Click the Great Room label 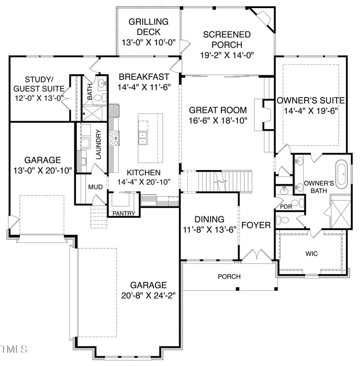pos(218,110)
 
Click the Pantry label pos(124,213)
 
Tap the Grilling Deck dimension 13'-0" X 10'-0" pos(148,43)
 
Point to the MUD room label pos(95,187)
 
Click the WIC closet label pos(311,254)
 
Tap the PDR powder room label pos(286,207)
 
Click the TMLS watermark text pos(14,349)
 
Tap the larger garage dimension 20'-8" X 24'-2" pos(148,295)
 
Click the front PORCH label pos(229,276)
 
